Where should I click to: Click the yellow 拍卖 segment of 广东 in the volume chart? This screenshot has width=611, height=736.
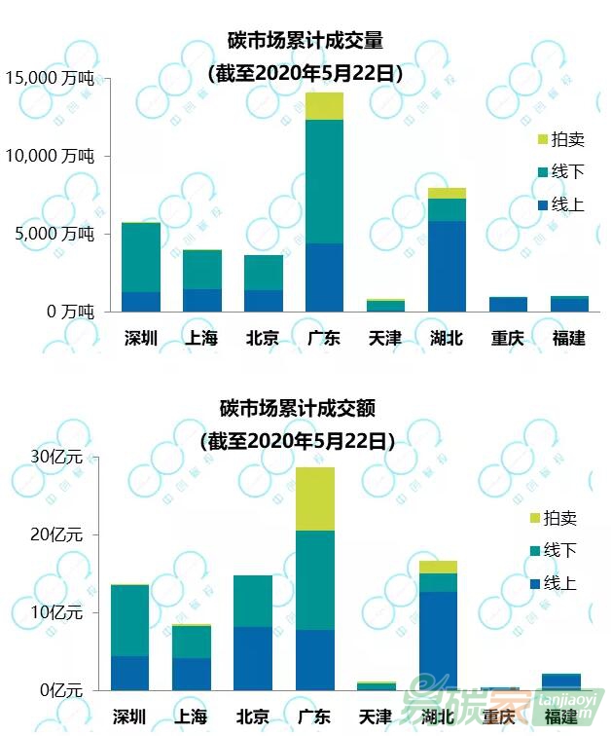(324, 106)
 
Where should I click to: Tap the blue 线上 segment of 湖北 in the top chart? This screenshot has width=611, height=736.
(447, 266)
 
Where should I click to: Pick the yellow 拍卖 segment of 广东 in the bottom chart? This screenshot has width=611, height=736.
(314, 498)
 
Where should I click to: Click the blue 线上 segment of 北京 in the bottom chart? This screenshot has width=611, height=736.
(253, 658)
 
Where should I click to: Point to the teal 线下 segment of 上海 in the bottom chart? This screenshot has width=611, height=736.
(192, 642)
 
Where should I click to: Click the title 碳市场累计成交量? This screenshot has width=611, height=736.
(305, 42)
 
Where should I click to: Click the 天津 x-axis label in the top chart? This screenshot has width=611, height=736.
(385, 338)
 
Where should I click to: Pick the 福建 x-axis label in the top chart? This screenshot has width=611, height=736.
(569, 338)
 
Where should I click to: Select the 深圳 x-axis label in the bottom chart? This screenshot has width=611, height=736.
(130, 717)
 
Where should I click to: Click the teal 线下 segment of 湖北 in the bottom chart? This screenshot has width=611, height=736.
(438, 582)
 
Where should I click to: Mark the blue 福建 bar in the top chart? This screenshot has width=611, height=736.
(569, 305)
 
